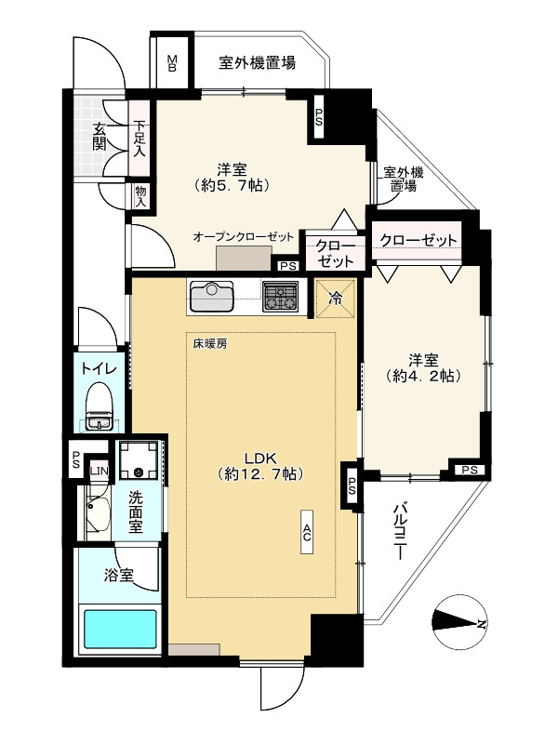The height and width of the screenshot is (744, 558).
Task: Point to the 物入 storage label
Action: point(140,194)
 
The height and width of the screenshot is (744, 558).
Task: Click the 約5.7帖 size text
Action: point(233,185)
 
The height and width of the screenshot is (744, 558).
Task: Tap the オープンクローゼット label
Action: point(243,237)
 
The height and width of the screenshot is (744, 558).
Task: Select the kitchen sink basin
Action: point(211,298)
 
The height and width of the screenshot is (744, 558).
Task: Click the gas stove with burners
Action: point(278,298)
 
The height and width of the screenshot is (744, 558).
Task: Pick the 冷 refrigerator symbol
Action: point(335,299)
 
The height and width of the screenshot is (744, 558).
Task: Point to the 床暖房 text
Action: point(210,343)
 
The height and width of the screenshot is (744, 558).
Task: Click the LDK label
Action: point(259,457)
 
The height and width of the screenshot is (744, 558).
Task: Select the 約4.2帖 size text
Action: point(423,377)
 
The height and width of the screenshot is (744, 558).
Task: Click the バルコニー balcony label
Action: point(400,531)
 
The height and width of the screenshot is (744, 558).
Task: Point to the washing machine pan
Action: point(139,460)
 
